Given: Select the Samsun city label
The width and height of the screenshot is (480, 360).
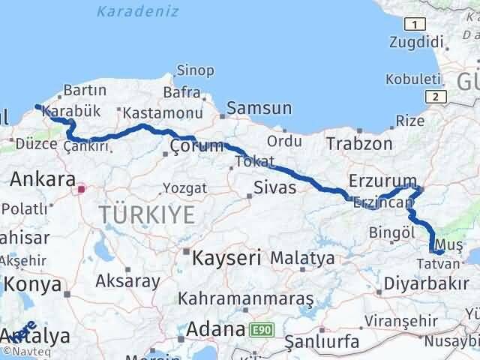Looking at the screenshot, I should pos(259,109).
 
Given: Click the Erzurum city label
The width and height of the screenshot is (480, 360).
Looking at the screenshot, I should pos(377,181).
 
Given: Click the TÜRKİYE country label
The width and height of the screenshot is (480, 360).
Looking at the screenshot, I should pos(147,216).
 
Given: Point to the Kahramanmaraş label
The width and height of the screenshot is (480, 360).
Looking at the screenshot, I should pos(245,298).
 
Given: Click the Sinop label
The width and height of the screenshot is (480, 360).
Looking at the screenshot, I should pos(195,70).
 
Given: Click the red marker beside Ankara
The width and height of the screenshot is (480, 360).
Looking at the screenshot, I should pos(82,189).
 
